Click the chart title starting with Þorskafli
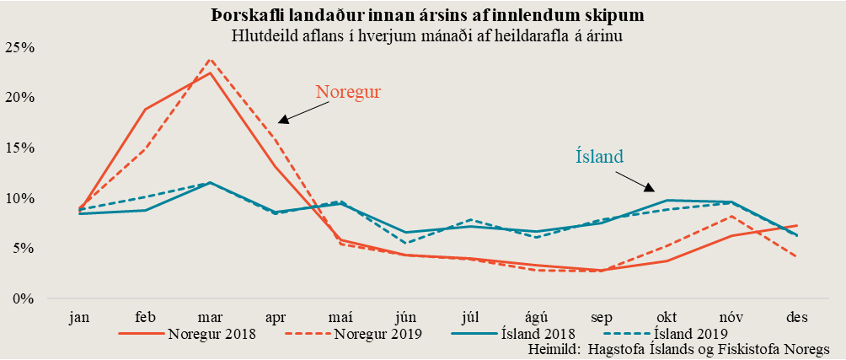422,15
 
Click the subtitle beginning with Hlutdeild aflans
422,35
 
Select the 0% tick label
23,298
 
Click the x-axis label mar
209,317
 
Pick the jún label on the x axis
406,317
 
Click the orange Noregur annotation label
348,91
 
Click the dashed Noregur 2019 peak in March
209,60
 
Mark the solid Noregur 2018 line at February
144,110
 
